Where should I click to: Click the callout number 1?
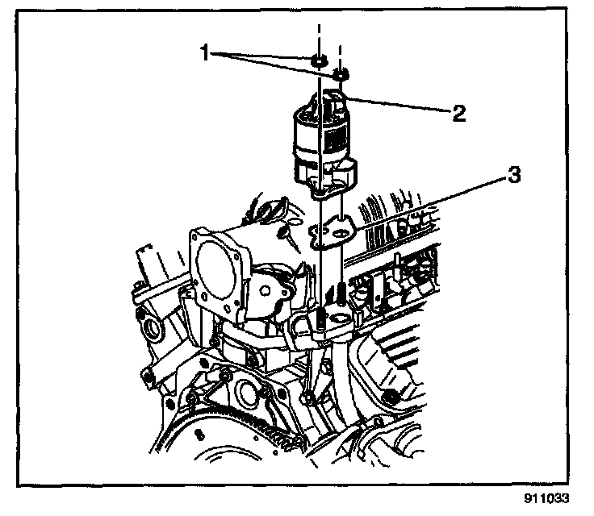[206, 54]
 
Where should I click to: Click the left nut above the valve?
[318, 60]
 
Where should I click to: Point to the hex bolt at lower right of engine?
[390, 395]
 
